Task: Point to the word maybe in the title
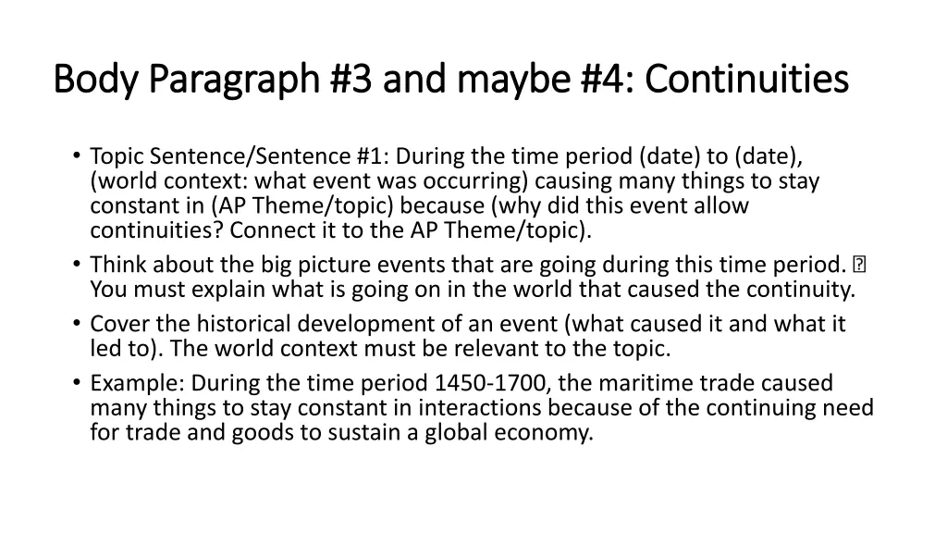tap(523, 80)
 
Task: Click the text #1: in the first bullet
tap(372, 156)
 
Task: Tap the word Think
tap(116, 266)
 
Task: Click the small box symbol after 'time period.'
tap(860, 266)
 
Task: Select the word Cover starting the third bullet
tap(117, 325)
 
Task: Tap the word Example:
tap(134, 383)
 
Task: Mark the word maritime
tap(643, 383)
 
